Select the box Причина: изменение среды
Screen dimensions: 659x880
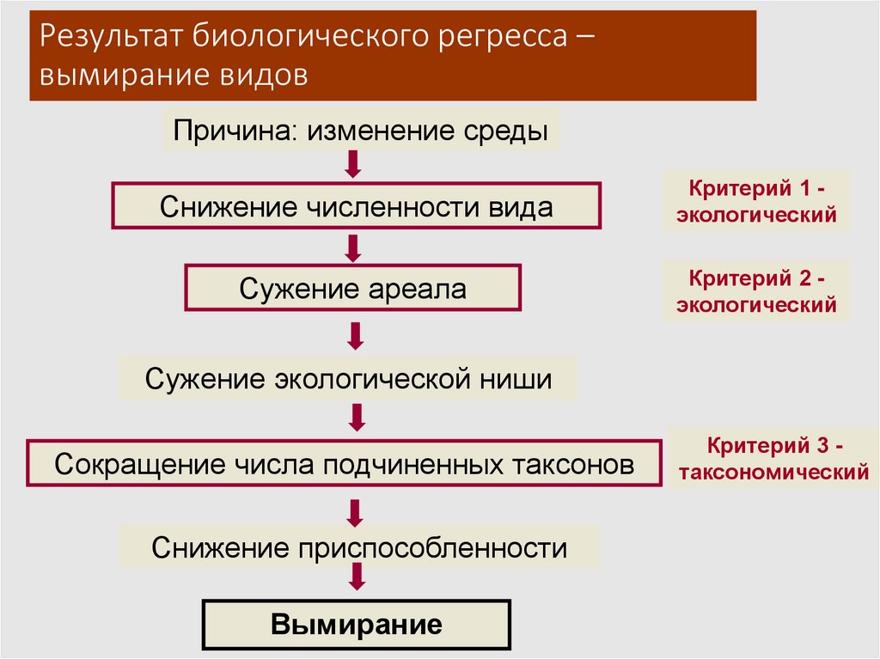(361, 131)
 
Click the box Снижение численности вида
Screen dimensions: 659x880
(357, 206)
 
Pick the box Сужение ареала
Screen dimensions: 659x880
(352, 288)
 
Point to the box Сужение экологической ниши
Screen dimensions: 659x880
(348, 378)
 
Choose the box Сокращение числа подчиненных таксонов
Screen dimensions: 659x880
(344, 465)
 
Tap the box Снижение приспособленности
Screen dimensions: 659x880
(359, 547)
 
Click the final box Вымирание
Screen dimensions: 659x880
(357, 624)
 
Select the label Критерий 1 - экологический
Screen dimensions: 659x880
(755, 200)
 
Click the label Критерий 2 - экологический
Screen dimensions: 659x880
(755, 291)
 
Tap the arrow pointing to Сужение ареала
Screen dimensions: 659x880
(353, 248)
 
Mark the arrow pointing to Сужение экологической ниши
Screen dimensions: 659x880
(353, 334)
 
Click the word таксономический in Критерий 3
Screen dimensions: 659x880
(771, 472)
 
